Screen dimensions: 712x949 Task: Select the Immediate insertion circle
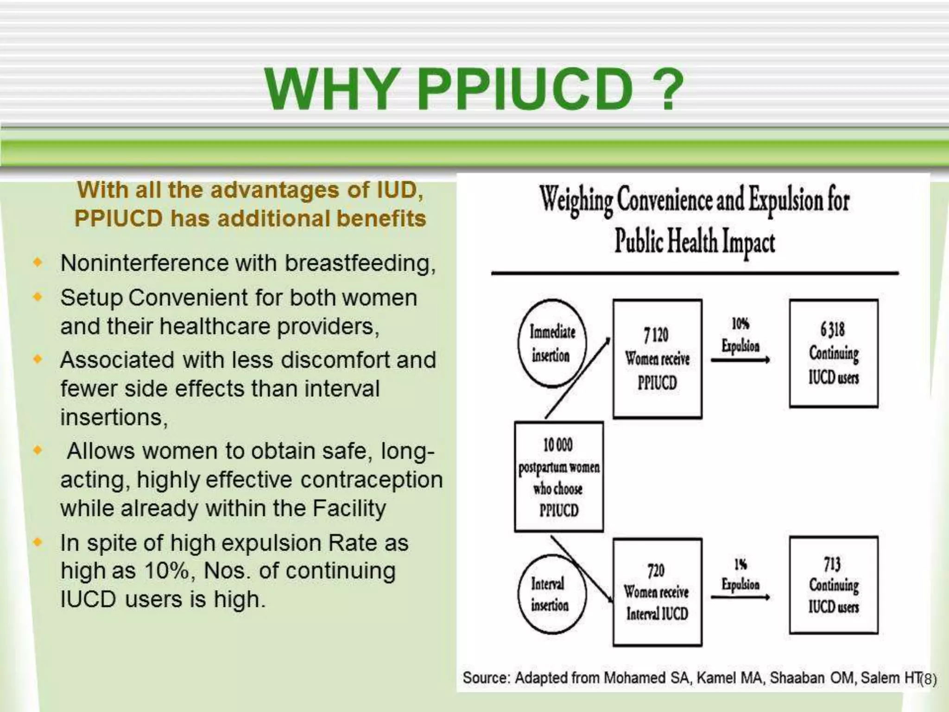tap(552, 343)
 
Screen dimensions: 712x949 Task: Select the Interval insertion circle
tap(551, 594)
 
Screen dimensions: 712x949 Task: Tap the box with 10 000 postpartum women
tap(559, 477)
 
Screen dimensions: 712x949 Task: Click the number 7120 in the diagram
tap(656, 334)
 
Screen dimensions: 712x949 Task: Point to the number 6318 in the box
tap(832, 330)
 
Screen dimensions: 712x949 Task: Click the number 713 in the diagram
tap(832, 564)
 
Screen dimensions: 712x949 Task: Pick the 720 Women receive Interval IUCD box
tap(657, 592)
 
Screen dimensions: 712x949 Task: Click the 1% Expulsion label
tap(740, 575)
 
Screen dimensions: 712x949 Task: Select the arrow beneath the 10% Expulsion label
tap(740, 360)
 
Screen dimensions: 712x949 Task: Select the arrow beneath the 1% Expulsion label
tap(740, 598)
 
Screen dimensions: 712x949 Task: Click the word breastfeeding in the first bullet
tap(360, 263)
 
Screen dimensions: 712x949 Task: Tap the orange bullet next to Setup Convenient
tap(38, 297)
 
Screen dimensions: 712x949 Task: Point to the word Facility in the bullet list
tap(348, 509)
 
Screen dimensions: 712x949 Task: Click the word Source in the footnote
tap(486, 678)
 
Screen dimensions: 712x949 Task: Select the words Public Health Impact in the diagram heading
tap(694, 242)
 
